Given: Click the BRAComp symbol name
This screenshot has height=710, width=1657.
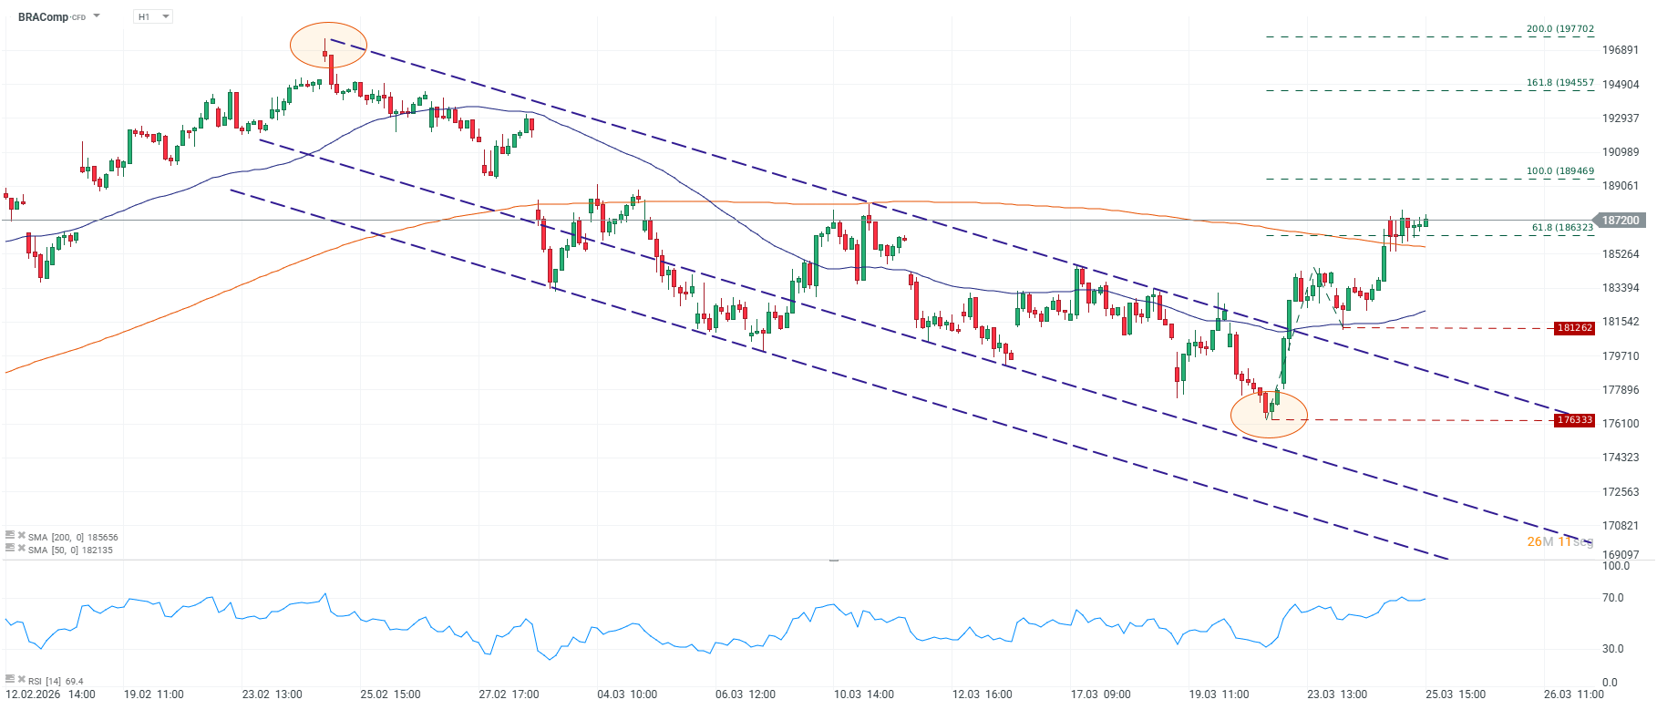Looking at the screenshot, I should pos(43,17).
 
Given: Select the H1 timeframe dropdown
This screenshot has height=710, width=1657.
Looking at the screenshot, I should pos(152,16).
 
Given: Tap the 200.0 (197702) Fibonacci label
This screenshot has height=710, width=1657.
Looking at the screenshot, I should pos(1560,29).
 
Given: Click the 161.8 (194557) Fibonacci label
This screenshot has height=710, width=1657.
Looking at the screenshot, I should pos(1560,83).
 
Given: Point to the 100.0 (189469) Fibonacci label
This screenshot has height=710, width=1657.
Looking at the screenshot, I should pos(1560,171).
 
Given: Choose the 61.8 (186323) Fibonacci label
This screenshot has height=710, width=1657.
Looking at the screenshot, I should pos(1562,228).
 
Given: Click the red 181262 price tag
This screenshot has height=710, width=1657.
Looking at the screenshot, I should pos(1575,328).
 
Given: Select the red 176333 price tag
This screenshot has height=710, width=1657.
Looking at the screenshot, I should pos(1575,420).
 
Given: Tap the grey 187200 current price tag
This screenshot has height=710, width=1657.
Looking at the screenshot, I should pos(1621,221).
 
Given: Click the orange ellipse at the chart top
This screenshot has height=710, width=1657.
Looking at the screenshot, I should pos(328,45).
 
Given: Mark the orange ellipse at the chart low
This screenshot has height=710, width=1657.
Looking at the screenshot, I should pos(1269,414).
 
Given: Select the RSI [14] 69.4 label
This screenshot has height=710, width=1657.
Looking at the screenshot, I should pos(56,681).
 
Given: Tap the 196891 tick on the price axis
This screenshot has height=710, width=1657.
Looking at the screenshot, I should pos(1621,50).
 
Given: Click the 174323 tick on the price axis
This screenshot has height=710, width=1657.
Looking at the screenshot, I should pos(1621,458).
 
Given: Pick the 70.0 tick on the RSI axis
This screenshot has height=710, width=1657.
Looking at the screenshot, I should pos(1613,598).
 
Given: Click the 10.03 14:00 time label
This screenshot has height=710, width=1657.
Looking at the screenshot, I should pos(863,695).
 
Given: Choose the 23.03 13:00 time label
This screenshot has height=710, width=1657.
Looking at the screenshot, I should pos(1337,695).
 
